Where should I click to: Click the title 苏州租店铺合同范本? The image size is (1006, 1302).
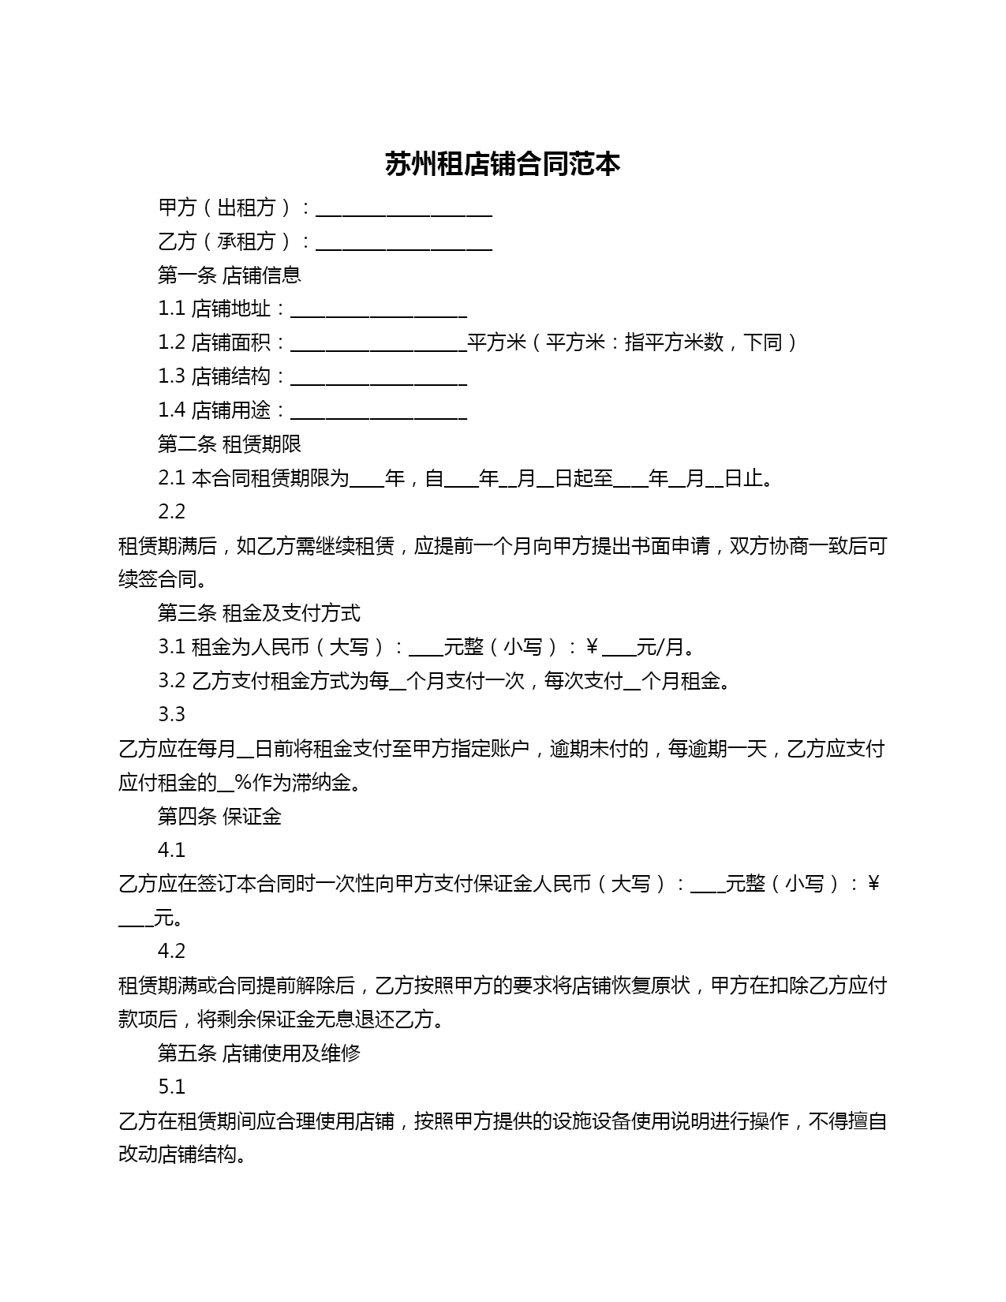coord(503,164)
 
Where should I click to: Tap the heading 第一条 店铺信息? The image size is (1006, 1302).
coord(229,275)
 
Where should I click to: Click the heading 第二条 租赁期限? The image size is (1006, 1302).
coord(229,444)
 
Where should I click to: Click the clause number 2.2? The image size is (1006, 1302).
coord(171,512)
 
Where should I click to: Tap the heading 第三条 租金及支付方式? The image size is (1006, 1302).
coord(259,613)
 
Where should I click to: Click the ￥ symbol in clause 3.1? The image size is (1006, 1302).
coord(592,648)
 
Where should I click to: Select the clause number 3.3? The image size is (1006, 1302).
coord(171,715)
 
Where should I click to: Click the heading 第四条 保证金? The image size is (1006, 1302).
coord(219,817)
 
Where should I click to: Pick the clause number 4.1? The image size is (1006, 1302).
coord(171,851)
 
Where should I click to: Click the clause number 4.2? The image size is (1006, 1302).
coord(171,952)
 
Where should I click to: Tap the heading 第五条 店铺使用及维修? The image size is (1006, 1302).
coord(259,1053)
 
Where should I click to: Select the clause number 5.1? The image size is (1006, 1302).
coord(171,1087)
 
